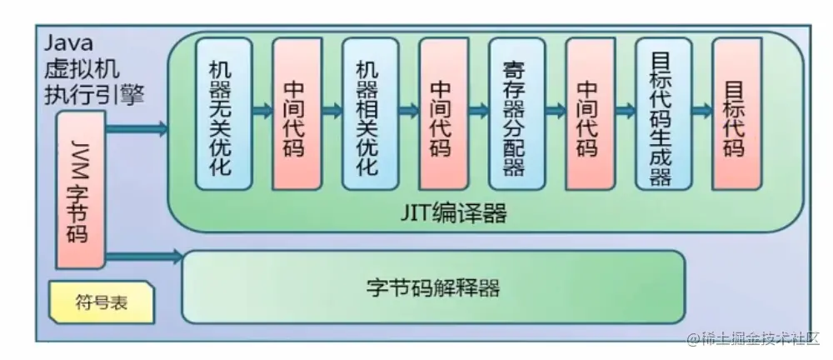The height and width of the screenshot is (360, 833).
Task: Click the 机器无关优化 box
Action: coord(223,112)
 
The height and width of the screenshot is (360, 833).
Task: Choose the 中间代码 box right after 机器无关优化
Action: coord(297,112)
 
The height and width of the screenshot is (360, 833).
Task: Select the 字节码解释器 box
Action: coord(433,287)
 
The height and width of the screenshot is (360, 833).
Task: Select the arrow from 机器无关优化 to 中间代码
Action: coord(261,111)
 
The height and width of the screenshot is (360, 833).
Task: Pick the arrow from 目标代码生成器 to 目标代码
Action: coord(701,111)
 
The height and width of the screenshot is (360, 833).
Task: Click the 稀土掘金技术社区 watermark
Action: coord(754,340)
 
